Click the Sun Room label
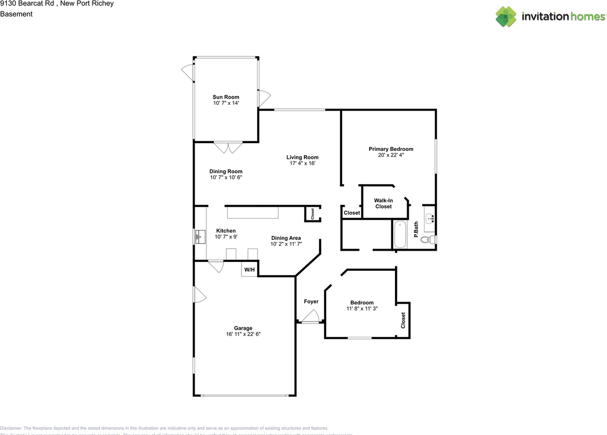coord(226,97)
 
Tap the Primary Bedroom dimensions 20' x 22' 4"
coord(391,155)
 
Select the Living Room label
coord(302,157)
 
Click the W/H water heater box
coord(249,269)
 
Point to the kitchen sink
coord(200,236)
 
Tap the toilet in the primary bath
coord(429,240)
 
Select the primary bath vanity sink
coord(430,219)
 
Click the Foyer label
coord(311,302)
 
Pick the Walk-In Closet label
coord(384,204)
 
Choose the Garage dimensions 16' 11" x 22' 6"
coord(243,334)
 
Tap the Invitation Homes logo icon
coord(506,17)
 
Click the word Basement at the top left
coord(16,14)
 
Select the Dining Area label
coord(286,238)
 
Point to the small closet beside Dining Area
coord(313,214)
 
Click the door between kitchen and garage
coord(216,266)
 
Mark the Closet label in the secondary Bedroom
coord(403,320)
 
